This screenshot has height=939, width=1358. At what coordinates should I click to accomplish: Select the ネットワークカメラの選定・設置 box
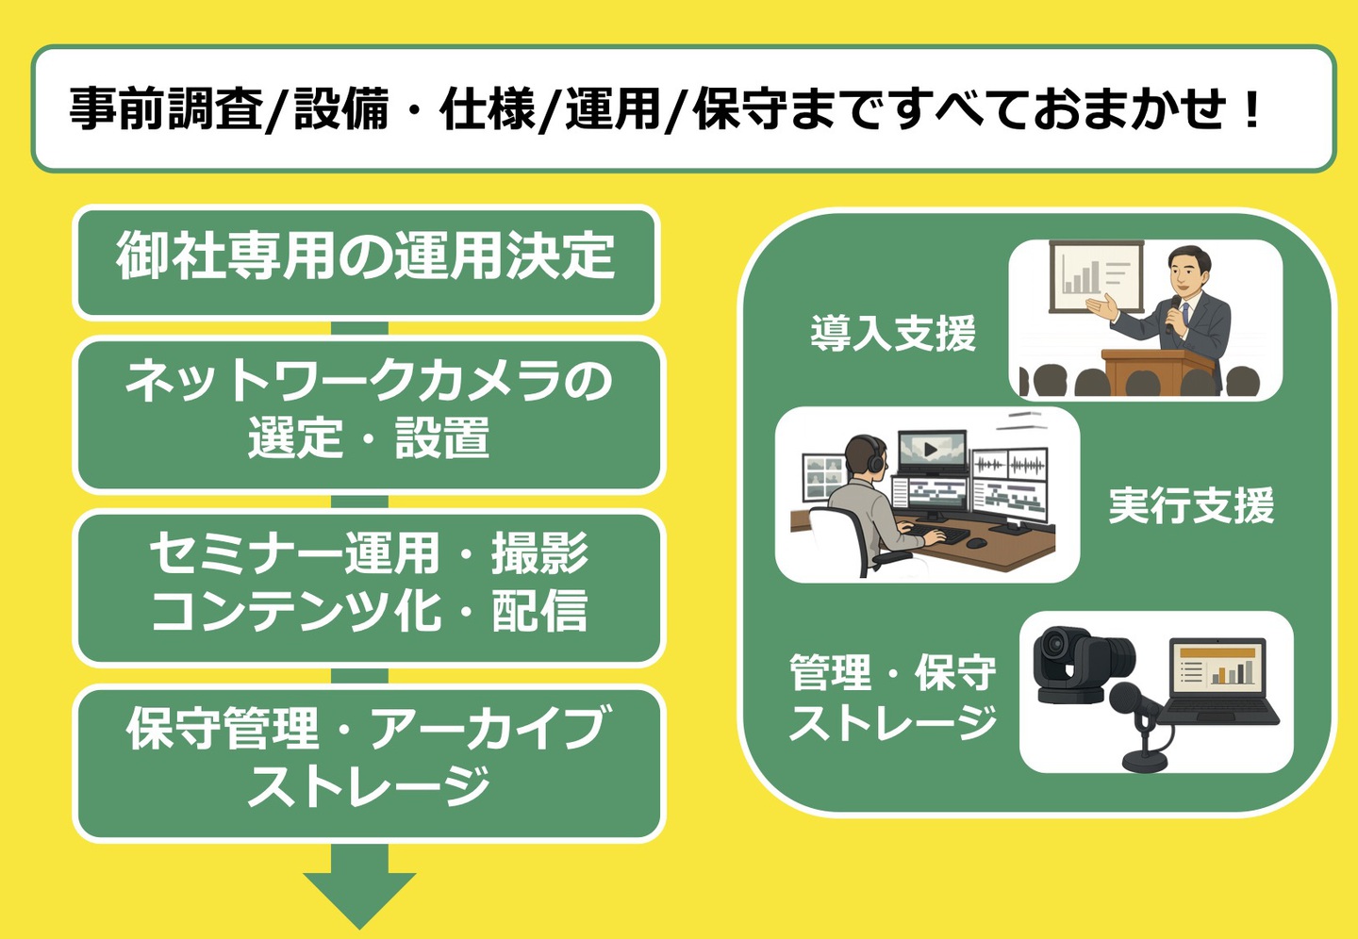coord(369,413)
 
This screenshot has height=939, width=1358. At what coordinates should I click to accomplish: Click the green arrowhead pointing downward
coord(359,896)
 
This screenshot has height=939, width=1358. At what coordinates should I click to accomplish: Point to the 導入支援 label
coord(893,334)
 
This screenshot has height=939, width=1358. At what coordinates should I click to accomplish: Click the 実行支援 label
coord(1191,506)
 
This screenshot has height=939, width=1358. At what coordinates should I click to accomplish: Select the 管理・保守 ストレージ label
coord(892,699)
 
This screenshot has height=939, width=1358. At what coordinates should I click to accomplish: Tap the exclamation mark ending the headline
coord(1252,109)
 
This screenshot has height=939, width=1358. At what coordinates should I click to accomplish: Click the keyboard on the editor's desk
coord(942,535)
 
